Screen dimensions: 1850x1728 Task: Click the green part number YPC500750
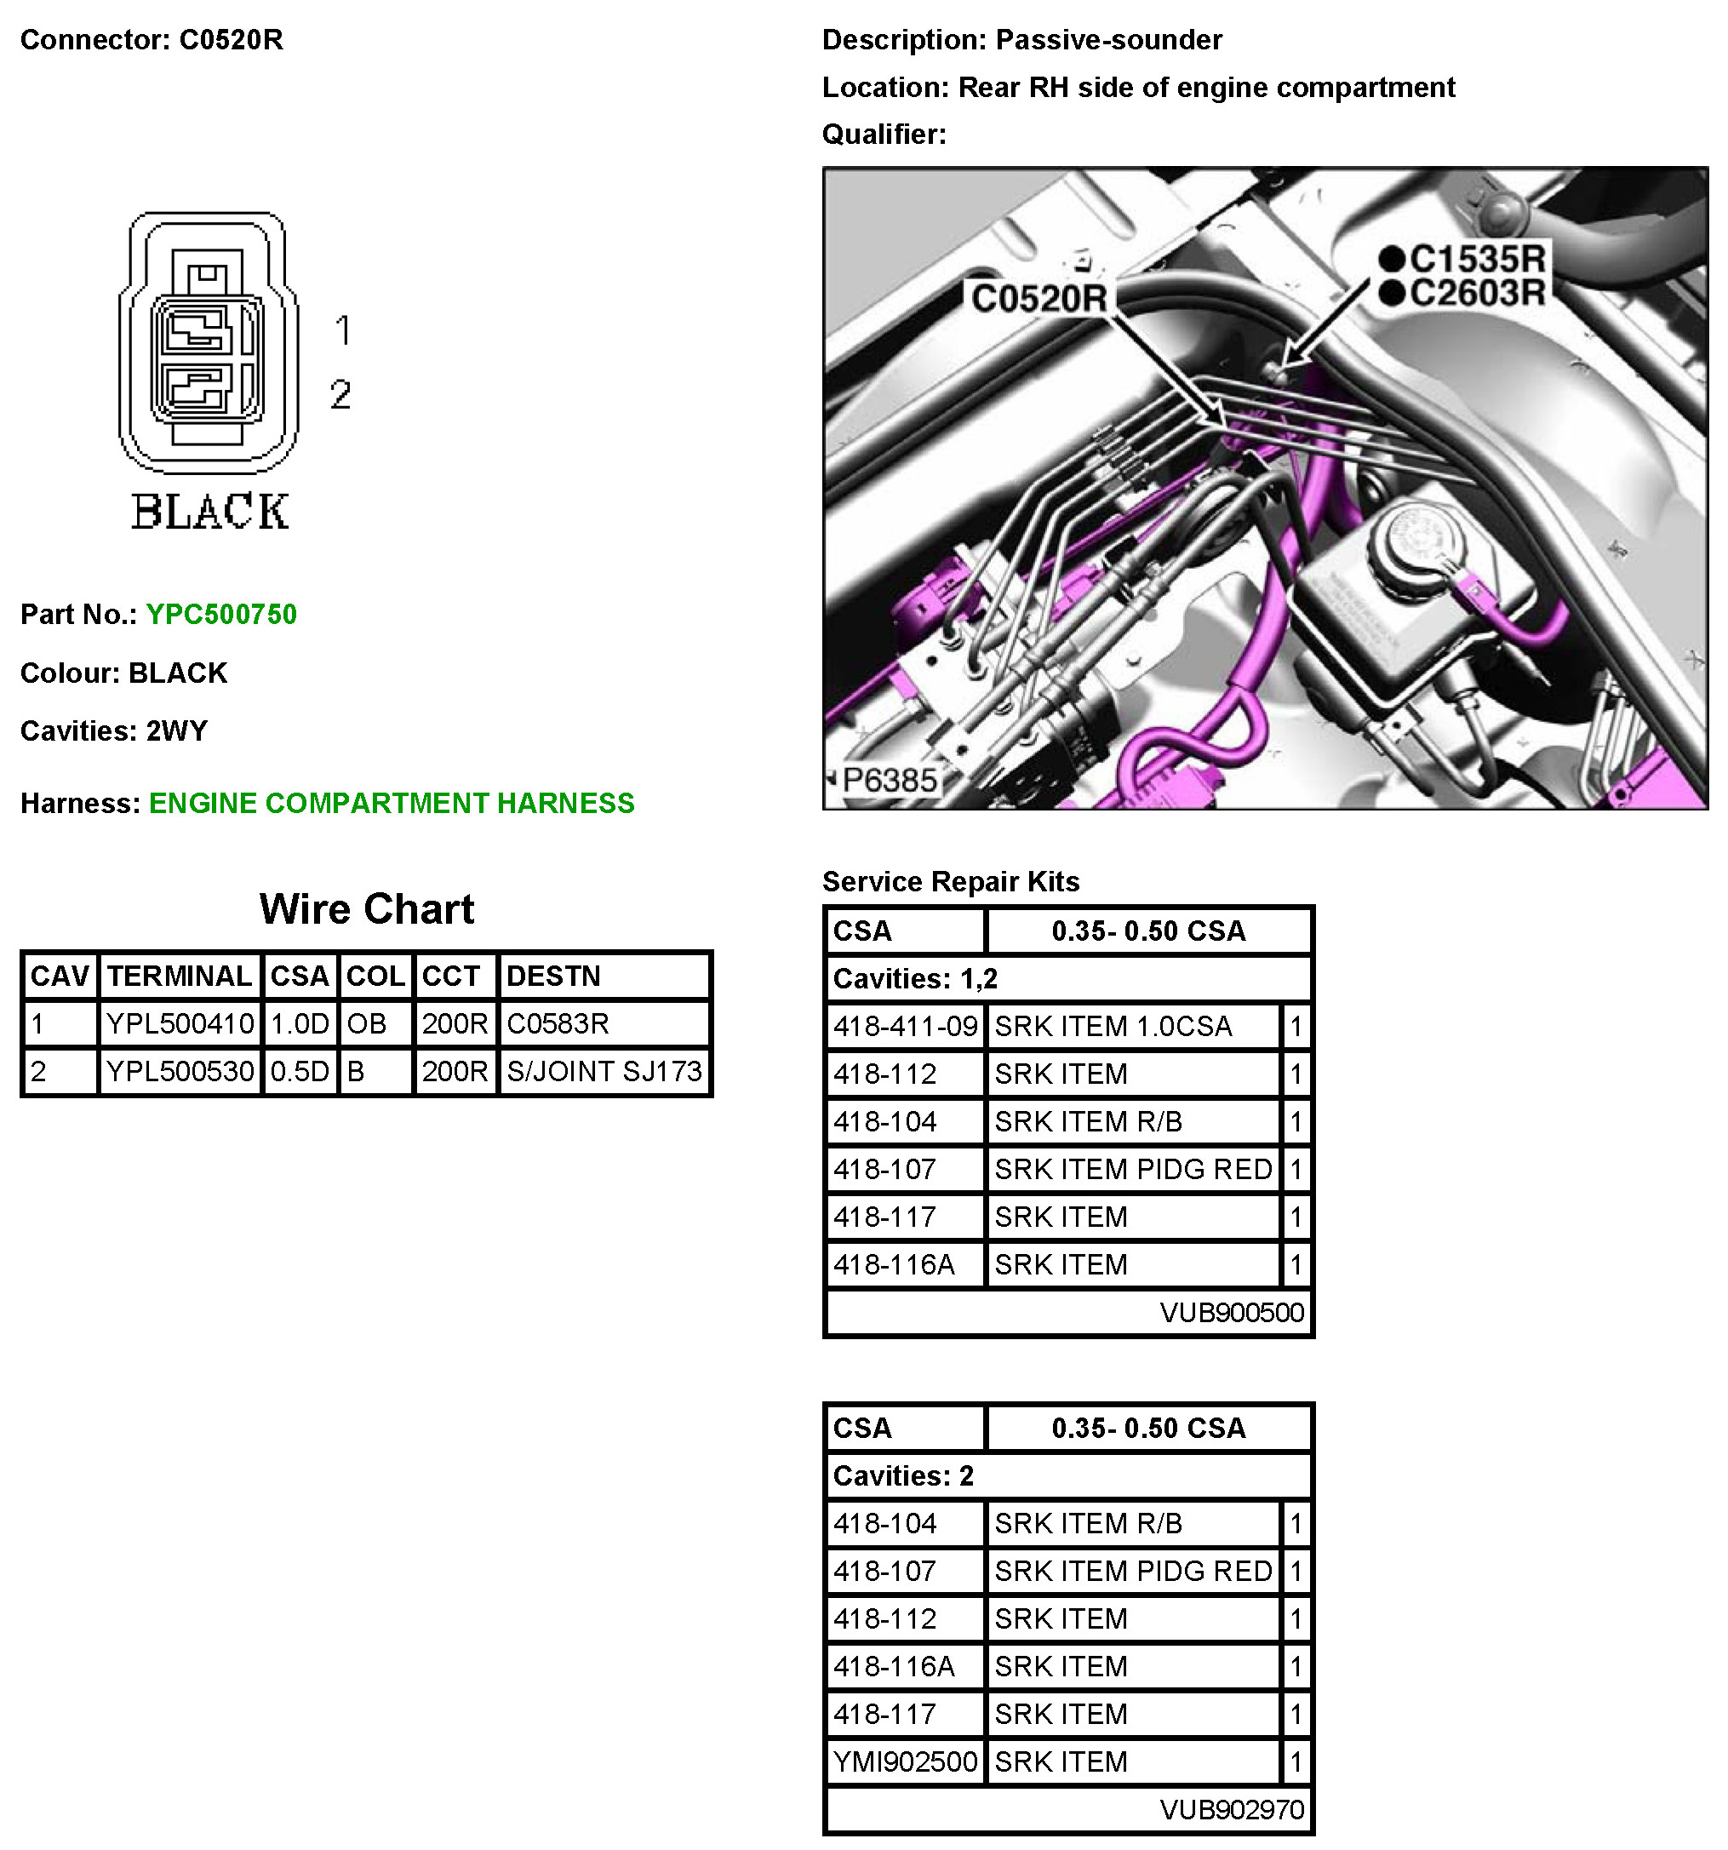[221, 614]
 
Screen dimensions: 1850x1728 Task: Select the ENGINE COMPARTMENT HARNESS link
[392, 803]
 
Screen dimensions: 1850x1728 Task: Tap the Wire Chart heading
[367, 909]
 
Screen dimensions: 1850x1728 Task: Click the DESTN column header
[552, 977]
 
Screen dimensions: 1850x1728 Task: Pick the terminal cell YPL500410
[180, 1023]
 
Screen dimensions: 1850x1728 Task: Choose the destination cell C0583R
[558, 1023]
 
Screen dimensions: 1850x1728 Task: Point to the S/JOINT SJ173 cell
[604, 1071]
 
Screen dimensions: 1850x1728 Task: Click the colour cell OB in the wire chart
[367, 1023]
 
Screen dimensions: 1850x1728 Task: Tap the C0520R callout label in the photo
[1039, 299]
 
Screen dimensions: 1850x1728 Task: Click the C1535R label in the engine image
[1477, 258]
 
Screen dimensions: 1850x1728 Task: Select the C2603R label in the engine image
[1477, 292]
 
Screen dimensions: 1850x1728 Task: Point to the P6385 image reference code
[889, 780]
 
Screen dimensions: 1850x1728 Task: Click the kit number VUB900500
[1231, 1312]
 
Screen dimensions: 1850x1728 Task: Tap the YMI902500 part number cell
[906, 1761]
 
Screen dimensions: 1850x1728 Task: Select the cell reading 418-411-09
[906, 1027]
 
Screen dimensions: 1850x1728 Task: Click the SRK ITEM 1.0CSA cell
[1113, 1027]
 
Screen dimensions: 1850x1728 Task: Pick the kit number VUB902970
[1231, 1809]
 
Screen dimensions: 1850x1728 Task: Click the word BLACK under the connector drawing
[209, 512]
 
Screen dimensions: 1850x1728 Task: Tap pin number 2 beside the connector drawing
[340, 394]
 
